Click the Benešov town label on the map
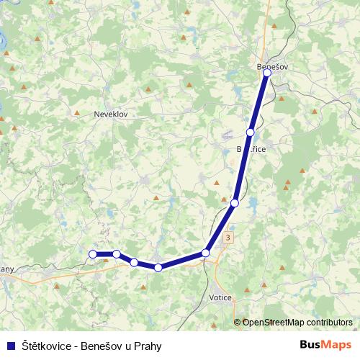(272, 67)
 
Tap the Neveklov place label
(110, 114)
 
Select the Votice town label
(220, 297)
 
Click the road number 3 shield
(228, 237)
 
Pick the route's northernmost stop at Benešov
(267, 73)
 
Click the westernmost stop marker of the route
(93, 254)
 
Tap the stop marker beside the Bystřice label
(250, 132)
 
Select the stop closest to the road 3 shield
(206, 253)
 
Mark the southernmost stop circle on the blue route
(158, 268)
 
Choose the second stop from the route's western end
(116, 254)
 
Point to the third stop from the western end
(134, 262)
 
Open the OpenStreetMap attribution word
(273, 323)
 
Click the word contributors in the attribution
(329, 323)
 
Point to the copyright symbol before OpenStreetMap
(237, 323)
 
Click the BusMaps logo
(325, 345)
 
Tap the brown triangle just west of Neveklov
(76, 113)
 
